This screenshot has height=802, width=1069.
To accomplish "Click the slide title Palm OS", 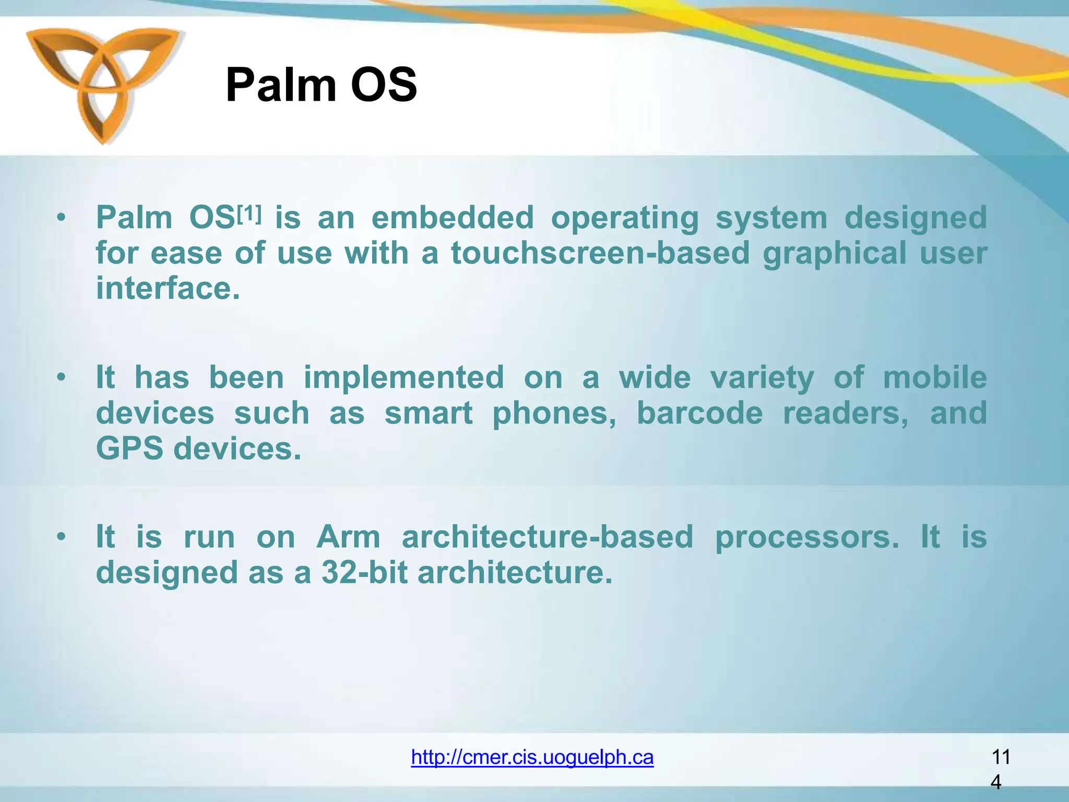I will [x=321, y=85].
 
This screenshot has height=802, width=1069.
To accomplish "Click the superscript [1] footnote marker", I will [x=249, y=213].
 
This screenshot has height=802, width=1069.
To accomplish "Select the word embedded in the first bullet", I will [x=453, y=218].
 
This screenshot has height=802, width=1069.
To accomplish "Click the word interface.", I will [x=168, y=288].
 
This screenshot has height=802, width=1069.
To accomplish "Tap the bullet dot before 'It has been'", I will [x=62, y=377].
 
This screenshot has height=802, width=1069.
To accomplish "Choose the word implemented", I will [x=403, y=378].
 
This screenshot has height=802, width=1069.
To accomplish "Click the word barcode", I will [x=699, y=413].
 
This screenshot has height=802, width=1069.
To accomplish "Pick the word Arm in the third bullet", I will [x=348, y=537].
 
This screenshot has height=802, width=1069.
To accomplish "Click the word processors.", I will [x=806, y=537].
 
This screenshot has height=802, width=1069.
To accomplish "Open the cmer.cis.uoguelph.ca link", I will [x=532, y=757].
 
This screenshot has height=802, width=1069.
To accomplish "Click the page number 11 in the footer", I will [x=1000, y=757].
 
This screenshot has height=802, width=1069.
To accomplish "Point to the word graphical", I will [x=834, y=253].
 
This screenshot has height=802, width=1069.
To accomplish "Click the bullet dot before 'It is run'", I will [x=62, y=537].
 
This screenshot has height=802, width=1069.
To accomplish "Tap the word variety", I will [x=762, y=378].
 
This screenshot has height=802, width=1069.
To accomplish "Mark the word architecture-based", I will [x=547, y=537].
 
